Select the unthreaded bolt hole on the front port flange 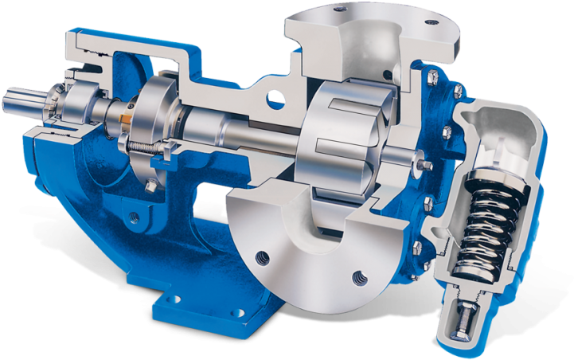click(x=261, y=259)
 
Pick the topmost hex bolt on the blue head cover click(x=431, y=78)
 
